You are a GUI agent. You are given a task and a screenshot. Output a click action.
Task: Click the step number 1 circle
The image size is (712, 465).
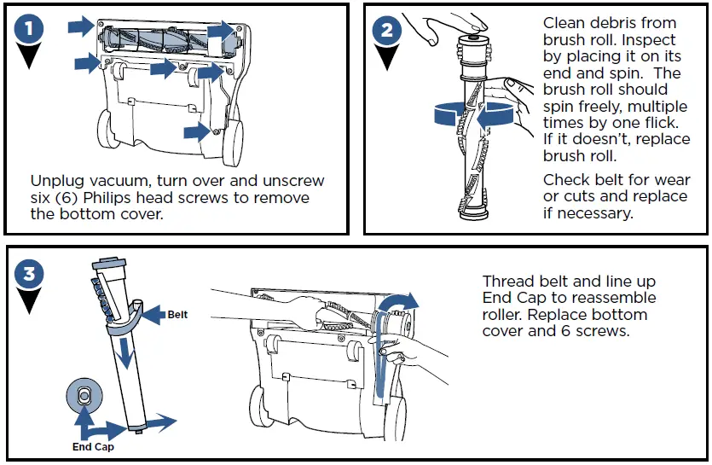(30, 29)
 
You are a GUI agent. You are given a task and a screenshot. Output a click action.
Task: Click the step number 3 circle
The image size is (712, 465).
(30, 274)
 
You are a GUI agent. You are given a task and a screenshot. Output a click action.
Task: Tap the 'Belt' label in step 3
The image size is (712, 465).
(177, 315)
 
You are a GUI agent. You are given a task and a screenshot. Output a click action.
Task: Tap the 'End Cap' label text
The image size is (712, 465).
(93, 446)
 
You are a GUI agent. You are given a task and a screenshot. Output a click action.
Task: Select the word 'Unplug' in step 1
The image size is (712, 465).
(58, 182)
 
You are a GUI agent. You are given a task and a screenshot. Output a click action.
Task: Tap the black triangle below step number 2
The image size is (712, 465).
(387, 59)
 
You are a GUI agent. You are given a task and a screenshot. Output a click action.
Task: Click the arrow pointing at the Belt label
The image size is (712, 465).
(152, 314)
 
